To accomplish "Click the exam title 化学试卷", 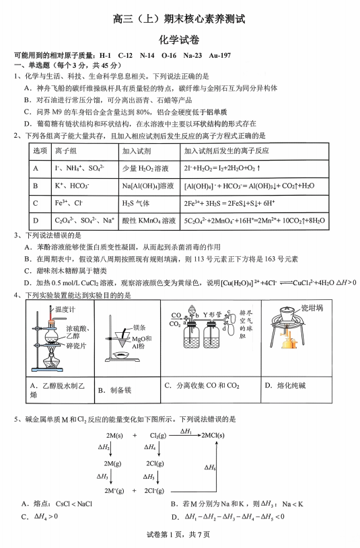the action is click(x=179, y=40).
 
